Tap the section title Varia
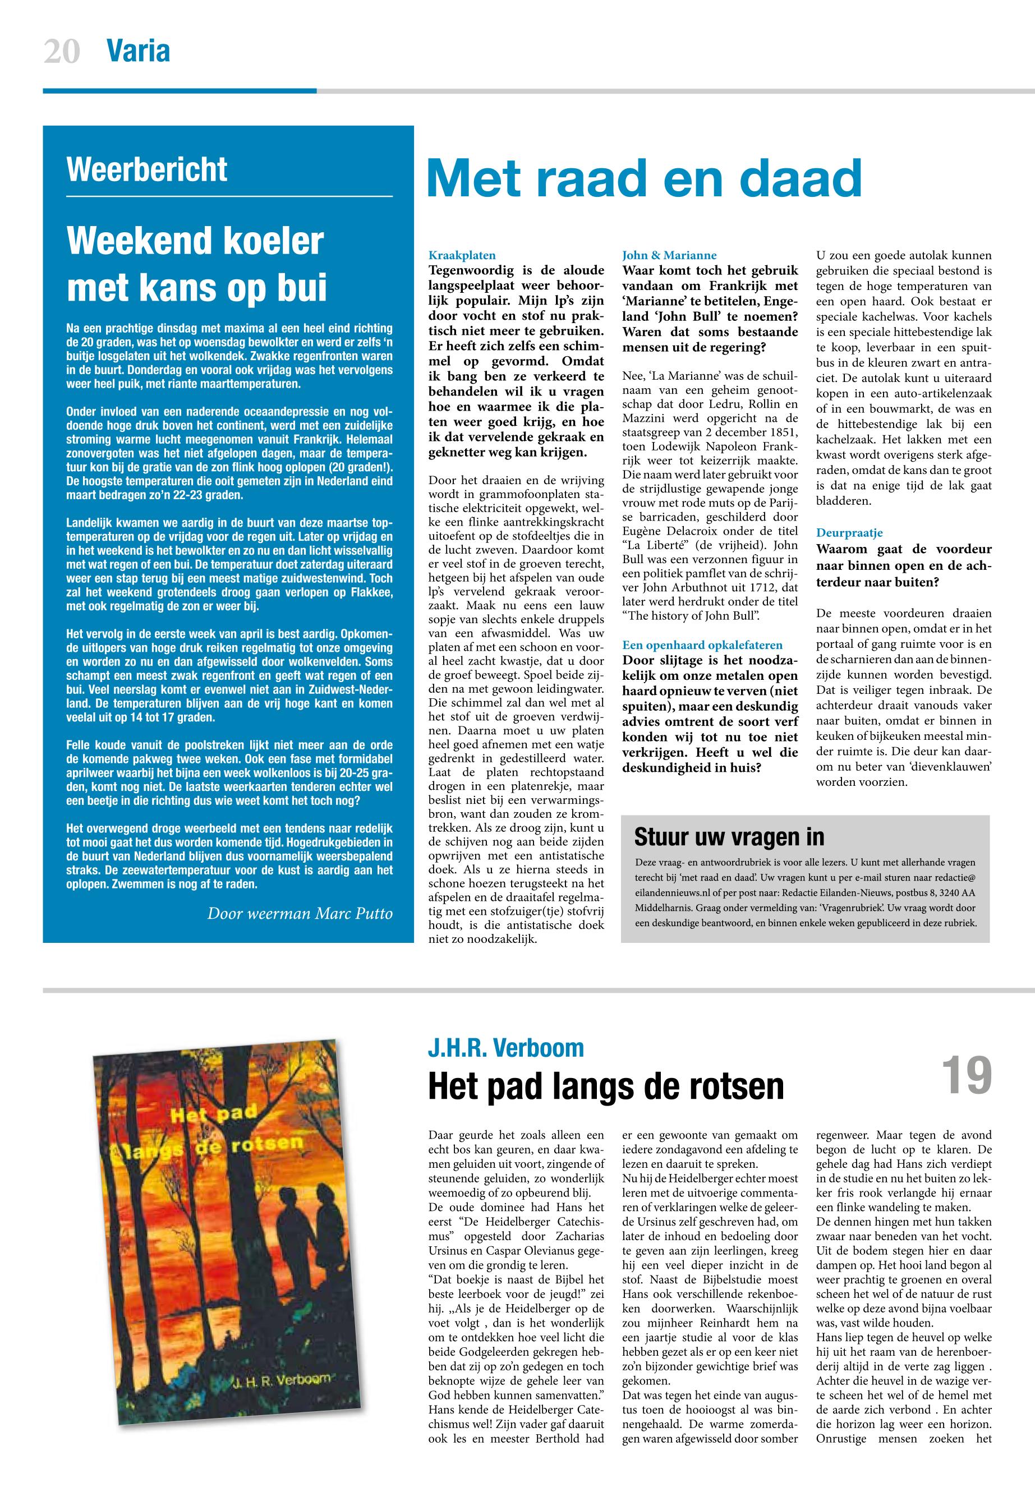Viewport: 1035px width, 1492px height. coord(138,51)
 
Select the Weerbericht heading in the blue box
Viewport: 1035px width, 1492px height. coord(146,170)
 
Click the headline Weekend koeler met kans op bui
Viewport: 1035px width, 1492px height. coord(196,264)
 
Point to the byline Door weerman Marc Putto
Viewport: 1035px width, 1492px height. coord(300,914)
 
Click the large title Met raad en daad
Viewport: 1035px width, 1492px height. coord(644,179)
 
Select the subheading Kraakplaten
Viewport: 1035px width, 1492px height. coord(462,255)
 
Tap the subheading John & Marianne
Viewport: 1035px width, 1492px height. coord(669,255)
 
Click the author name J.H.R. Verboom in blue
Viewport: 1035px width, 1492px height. coord(506,1048)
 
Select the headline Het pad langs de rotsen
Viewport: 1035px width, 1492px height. coord(606,1086)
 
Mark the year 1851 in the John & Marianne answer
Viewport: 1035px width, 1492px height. coord(783,432)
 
